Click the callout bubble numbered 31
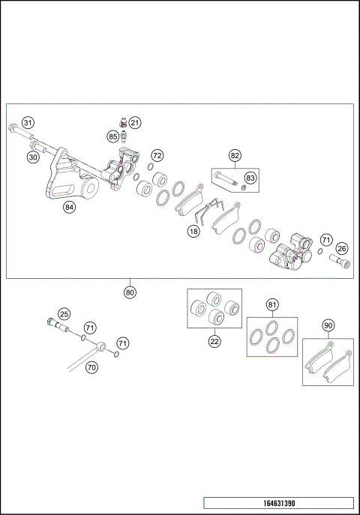(x=28, y=123)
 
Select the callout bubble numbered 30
(x=32, y=157)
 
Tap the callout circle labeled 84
(x=69, y=208)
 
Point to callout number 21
(x=134, y=122)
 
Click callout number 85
(x=112, y=136)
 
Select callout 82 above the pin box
(x=235, y=156)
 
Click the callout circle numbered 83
(x=250, y=178)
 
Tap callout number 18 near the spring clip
(x=193, y=232)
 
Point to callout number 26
(x=341, y=249)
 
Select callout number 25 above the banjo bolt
(x=64, y=314)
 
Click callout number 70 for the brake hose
(x=91, y=367)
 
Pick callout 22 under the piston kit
(x=214, y=340)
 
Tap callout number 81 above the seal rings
(x=272, y=306)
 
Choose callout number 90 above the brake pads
(x=328, y=325)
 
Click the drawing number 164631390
(x=278, y=505)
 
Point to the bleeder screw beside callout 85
(x=123, y=137)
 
